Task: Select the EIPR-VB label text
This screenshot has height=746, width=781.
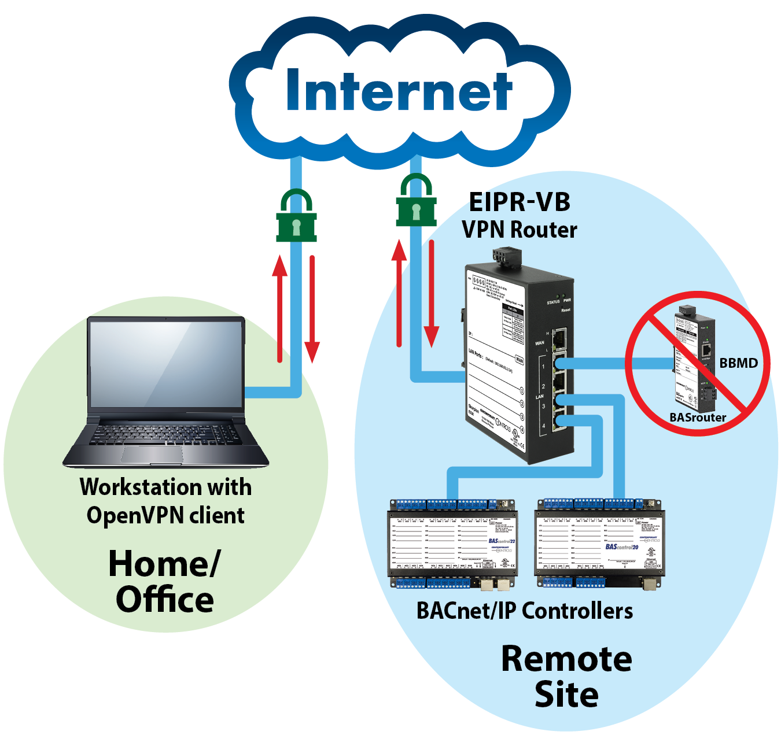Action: pyautogui.click(x=519, y=202)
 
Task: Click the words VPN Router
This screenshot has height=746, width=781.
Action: pyautogui.click(x=519, y=230)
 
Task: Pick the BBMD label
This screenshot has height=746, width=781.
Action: pyautogui.click(x=738, y=363)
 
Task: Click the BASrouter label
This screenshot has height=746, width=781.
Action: pyautogui.click(x=698, y=418)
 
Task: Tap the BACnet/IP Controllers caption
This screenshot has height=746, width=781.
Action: pyautogui.click(x=524, y=611)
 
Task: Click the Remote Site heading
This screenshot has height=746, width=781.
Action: pyautogui.click(x=566, y=677)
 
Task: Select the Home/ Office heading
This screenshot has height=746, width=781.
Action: pyautogui.click(x=165, y=582)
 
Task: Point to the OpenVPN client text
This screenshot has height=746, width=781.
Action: pyautogui.click(x=165, y=515)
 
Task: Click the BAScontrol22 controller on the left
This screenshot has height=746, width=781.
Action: pyautogui.click(x=452, y=544)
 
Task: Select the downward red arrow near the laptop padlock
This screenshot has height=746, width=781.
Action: pyautogui.click(x=312, y=309)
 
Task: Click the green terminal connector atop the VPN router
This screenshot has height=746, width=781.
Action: pyautogui.click(x=507, y=257)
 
